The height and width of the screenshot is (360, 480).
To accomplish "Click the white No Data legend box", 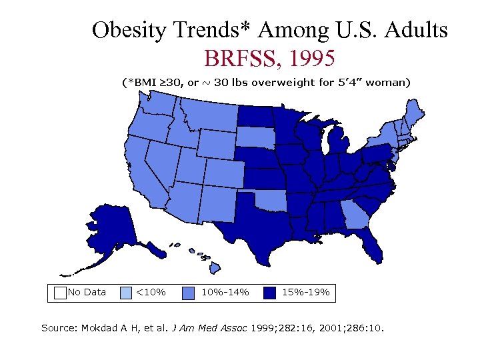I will (x=60, y=292).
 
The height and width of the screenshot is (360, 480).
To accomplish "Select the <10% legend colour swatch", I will (x=126, y=292).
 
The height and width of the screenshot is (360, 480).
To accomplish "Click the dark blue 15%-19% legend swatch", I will (x=269, y=292).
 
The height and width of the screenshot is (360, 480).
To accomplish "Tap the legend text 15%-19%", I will (x=306, y=292).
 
